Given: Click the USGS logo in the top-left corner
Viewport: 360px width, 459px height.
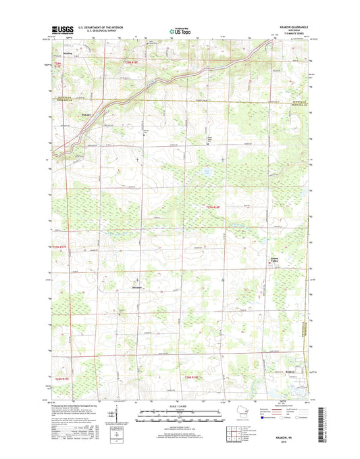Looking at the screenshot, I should [63, 29].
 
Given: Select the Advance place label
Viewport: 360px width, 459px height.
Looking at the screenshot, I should [135, 287].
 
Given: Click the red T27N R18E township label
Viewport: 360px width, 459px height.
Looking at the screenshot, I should [213, 207].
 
